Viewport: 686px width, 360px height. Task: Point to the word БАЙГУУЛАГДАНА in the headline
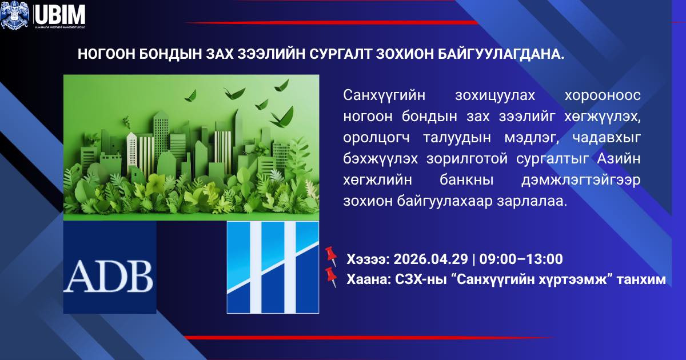(x=502, y=54)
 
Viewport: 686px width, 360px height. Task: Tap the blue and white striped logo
(x=273, y=267)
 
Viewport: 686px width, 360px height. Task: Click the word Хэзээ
(x=366, y=259)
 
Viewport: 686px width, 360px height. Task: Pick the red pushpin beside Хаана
(x=330, y=276)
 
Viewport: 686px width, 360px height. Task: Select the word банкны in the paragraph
(x=453, y=181)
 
